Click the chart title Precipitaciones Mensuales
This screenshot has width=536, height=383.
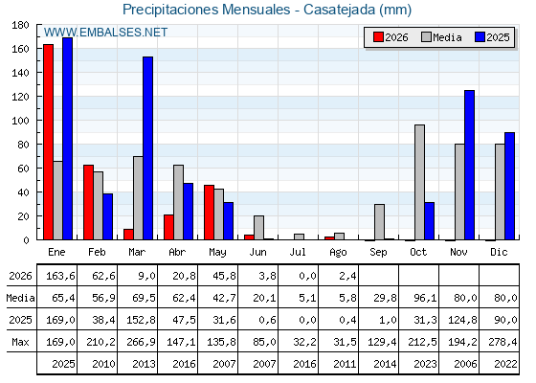coord(206,10)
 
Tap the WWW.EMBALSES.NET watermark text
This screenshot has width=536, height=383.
coord(105,33)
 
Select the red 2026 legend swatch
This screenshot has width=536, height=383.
coord(378,37)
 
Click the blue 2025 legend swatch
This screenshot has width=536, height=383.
coord(480,37)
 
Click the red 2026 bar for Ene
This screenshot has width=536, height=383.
coord(48,142)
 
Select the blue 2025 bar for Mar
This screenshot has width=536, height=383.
coord(147,148)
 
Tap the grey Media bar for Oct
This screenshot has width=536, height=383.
coord(420,182)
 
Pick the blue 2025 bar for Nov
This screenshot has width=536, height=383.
coord(469,165)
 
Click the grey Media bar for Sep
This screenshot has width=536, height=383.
coord(379,222)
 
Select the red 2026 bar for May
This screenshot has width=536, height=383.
coord(209,213)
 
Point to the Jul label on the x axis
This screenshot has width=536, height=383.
coord(298,253)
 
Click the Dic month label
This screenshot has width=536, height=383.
coord(499,253)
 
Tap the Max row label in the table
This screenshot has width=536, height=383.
coord(20,342)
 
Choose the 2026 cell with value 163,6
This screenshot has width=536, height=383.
coord(60,276)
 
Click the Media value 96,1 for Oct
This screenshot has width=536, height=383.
coord(425,298)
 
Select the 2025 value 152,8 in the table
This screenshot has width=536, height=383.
coord(141,320)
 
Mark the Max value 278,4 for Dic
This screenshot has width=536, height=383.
coord(502,342)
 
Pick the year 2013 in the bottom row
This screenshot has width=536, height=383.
coord(144,364)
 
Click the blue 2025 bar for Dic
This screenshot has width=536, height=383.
coord(509,186)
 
